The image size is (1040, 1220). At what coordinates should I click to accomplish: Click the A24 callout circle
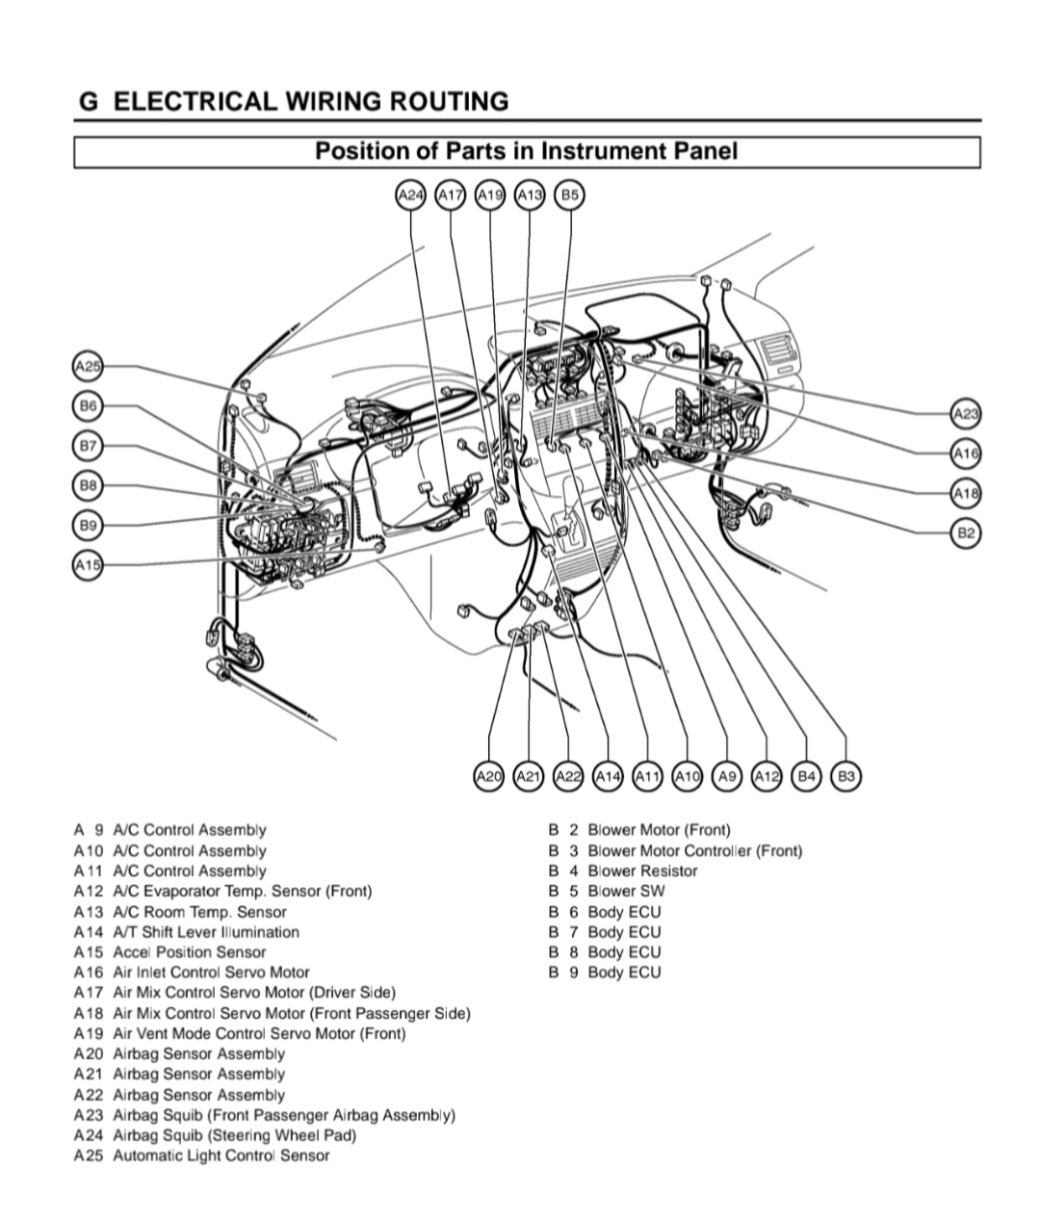pyautogui.click(x=411, y=195)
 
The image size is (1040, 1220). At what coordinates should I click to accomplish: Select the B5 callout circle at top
pyautogui.click(x=570, y=195)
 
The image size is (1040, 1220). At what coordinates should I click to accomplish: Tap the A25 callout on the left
pyautogui.click(x=88, y=367)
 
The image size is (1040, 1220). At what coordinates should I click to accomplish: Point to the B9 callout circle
pyautogui.click(x=88, y=525)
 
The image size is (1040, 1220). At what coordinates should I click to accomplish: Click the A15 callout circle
pyautogui.click(x=88, y=564)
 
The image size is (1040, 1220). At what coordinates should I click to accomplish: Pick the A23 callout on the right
pyautogui.click(x=966, y=414)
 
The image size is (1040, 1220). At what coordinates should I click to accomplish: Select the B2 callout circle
pyautogui.click(x=966, y=533)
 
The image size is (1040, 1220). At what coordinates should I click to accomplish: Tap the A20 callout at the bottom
pyautogui.click(x=489, y=776)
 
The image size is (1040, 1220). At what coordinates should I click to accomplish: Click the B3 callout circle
pyautogui.click(x=845, y=776)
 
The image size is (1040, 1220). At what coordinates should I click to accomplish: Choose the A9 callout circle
pyautogui.click(x=727, y=776)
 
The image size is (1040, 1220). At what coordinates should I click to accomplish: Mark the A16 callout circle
pyautogui.click(x=966, y=453)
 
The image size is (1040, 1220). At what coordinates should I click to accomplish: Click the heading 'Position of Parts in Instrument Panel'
pyautogui.click(x=527, y=151)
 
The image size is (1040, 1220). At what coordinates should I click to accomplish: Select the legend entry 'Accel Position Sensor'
pyautogui.click(x=189, y=952)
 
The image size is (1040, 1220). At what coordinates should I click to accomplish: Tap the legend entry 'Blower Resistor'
pyautogui.click(x=642, y=870)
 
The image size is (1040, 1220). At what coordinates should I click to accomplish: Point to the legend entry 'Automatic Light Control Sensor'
pyautogui.click(x=221, y=1155)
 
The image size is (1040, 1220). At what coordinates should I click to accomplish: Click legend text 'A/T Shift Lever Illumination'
pyautogui.click(x=205, y=932)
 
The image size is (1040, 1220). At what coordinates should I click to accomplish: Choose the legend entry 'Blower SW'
pyautogui.click(x=626, y=891)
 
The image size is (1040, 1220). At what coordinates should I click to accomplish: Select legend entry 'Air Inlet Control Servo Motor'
pyautogui.click(x=211, y=973)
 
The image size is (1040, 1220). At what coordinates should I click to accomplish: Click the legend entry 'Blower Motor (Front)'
pyautogui.click(x=659, y=830)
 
